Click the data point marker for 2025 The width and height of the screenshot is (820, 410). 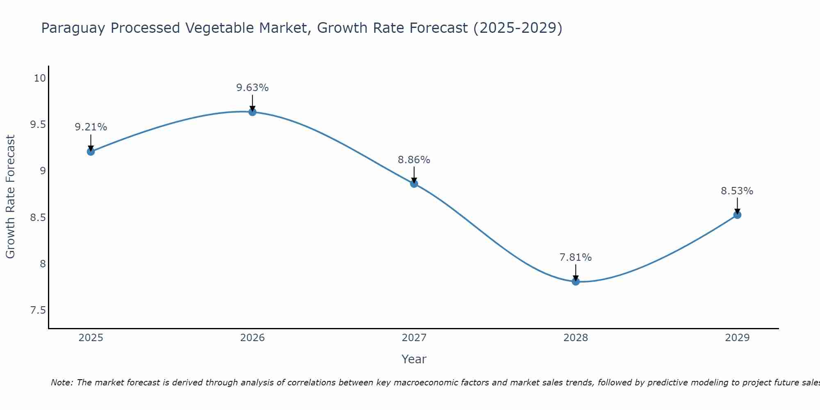(91, 152)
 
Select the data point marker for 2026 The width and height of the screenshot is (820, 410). (253, 112)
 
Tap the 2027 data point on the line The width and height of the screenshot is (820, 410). (414, 184)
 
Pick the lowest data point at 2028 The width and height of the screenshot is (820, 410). (576, 281)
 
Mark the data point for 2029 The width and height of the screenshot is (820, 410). (737, 215)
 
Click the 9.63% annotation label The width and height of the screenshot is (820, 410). (253, 88)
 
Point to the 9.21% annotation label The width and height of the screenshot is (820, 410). (91, 127)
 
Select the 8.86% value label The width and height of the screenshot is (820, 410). (414, 160)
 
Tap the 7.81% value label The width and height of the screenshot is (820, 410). (576, 257)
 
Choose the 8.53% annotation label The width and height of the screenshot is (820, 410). (737, 191)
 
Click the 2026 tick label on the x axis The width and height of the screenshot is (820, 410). (253, 338)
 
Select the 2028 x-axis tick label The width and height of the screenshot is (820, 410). (576, 338)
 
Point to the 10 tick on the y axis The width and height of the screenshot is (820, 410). (40, 78)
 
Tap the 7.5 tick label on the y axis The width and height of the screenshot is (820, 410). (38, 310)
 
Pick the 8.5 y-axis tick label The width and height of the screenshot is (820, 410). (38, 217)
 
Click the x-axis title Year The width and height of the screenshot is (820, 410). (414, 359)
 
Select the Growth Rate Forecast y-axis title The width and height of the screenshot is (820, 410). (10, 197)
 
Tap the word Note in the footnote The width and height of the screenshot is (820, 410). (61, 383)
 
